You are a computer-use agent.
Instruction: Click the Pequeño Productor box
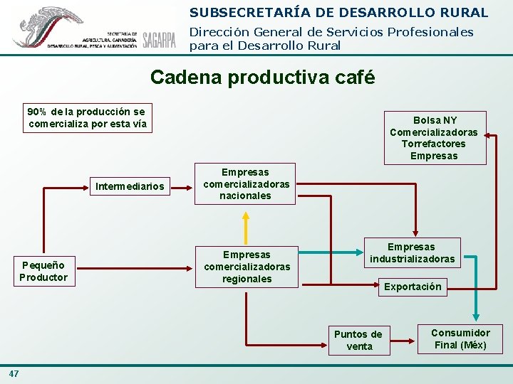tap(43, 272)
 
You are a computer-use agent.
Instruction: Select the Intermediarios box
tap(130, 187)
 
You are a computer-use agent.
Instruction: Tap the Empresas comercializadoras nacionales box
tap(246, 184)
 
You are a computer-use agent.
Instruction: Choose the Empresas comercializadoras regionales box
tap(247, 267)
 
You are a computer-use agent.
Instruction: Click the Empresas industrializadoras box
tap(412, 253)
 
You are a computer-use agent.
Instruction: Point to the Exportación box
tap(413, 287)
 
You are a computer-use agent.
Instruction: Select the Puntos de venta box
tap(358, 340)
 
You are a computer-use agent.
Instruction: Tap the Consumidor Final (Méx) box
tap(460, 339)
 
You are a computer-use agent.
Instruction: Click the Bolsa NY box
tap(434, 138)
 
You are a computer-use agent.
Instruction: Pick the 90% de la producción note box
tap(86, 118)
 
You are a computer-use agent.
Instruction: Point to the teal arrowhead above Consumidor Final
tap(479, 316)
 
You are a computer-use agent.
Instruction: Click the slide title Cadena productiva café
tap(263, 77)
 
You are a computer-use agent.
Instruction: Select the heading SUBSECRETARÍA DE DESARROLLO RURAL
tap(338, 13)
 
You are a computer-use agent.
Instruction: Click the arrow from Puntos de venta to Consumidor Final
tap(402, 339)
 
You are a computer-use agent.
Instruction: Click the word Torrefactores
tap(433, 144)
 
